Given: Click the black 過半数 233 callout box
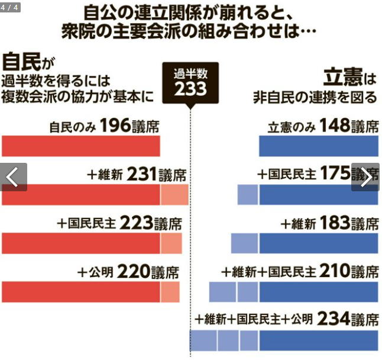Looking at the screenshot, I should (x=190, y=82).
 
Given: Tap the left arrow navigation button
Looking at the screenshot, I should (x=14, y=176).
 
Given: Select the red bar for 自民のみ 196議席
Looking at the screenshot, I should (x=81, y=146).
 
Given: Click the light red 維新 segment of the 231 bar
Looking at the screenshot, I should (x=174, y=194).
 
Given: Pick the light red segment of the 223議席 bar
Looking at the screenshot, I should (x=171, y=243).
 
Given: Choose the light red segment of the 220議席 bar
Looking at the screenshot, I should (x=170, y=291).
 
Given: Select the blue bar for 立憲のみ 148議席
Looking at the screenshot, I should (x=318, y=146).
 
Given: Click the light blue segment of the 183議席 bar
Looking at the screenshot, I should (x=245, y=243).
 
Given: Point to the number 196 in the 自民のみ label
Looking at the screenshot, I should (x=114, y=126).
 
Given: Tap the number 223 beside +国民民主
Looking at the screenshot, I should (x=136, y=223).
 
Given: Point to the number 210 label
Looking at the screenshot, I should (x=334, y=272).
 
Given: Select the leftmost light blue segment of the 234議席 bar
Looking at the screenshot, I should (x=203, y=340).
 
